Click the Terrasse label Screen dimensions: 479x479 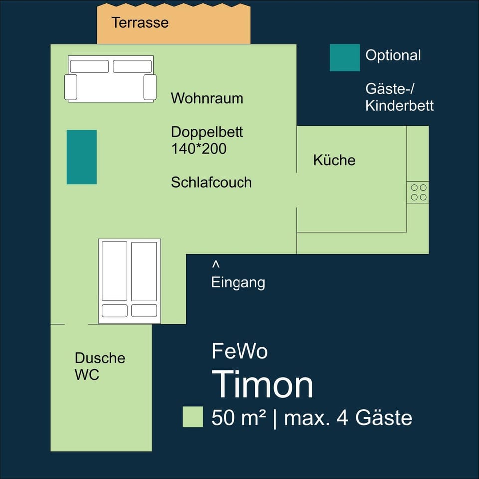click(x=140, y=23)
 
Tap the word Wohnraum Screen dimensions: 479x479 click(x=207, y=98)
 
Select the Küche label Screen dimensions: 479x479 click(x=334, y=160)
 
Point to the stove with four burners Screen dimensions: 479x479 click(x=418, y=192)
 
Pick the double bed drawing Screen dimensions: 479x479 click(x=130, y=281)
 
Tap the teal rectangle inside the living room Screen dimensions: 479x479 click(x=82, y=157)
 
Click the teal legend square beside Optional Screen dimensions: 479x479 click(x=344, y=57)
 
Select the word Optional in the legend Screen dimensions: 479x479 click(x=393, y=55)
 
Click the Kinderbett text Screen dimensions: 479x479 click(x=399, y=106)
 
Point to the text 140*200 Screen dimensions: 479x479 click(x=199, y=148)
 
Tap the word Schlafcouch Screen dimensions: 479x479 click(x=211, y=182)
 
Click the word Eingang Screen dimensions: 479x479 click(x=238, y=283)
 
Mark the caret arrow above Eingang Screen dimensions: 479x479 click(x=216, y=263)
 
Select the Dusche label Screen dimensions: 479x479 click(x=100, y=358)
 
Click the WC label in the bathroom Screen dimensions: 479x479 click(x=87, y=375)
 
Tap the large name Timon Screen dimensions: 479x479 click(x=263, y=385)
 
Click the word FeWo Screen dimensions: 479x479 click(x=239, y=351)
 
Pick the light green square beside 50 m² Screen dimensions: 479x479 click(x=193, y=417)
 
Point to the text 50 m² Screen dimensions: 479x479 click(x=239, y=418)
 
